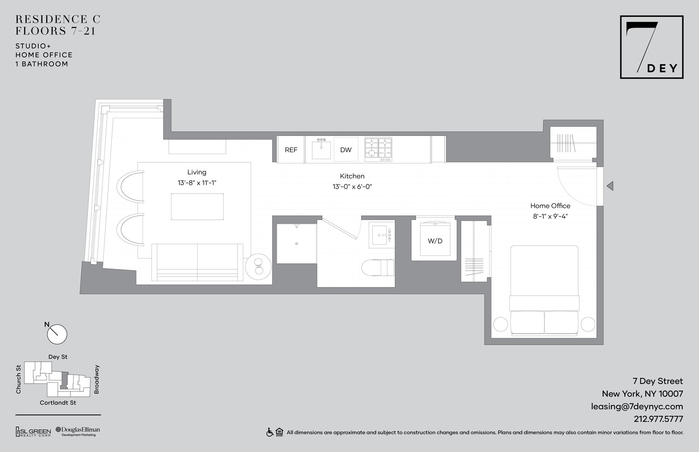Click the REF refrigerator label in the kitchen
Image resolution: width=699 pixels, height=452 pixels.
click(x=291, y=150)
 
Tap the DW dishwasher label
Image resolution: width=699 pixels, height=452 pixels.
click(x=346, y=150)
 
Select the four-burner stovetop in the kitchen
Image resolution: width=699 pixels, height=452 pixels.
click(x=378, y=149)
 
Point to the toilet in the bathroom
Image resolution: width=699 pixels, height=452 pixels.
click(x=378, y=268)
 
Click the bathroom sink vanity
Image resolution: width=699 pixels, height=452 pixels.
click(x=382, y=235)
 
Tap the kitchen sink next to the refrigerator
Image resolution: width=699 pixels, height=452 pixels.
click(x=321, y=149)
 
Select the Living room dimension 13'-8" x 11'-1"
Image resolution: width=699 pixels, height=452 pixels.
click(x=197, y=183)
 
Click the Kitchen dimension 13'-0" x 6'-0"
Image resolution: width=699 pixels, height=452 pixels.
click(x=352, y=187)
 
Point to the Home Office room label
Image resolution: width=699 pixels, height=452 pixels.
click(x=550, y=206)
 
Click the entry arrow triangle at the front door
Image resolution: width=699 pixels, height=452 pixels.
click(x=610, y=186)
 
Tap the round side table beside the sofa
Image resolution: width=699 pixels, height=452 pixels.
click(x=259, y=267)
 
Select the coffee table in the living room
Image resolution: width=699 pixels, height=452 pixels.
click(x=197, y=207)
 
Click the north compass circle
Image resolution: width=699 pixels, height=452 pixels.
click(x=57, y=334)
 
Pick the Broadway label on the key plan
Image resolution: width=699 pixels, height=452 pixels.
click(x=97, y=379)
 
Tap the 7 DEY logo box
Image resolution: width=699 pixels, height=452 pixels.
click(x=651, y=47)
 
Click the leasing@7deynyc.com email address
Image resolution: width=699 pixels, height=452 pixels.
click(x=637, y=406)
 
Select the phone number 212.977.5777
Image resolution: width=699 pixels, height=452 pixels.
click(x=658, y=419)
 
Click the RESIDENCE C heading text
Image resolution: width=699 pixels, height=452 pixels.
click(x=58, y=20)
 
